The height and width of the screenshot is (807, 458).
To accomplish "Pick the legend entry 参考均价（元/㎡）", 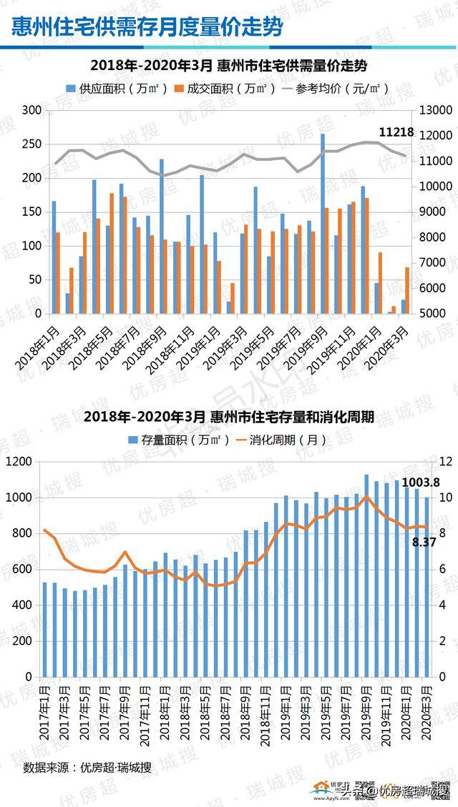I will (x=336, y=89).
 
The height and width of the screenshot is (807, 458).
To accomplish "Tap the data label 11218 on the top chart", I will (x=396, y=132).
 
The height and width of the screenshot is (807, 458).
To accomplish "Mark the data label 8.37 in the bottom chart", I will (x=424, y=543).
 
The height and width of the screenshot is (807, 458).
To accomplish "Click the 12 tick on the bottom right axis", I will (x=444, y=462).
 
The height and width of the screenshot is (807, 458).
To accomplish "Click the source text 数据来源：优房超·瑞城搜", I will (x=87, y=768).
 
